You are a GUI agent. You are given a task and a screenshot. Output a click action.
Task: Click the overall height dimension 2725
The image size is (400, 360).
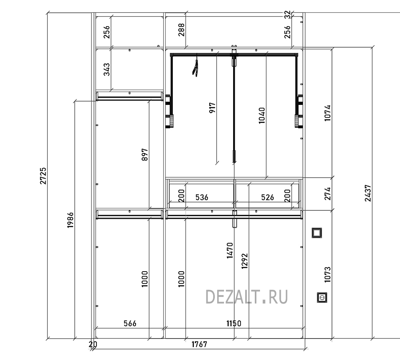[x=43, y=176]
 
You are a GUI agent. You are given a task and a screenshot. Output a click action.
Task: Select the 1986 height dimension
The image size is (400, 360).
[x=70, y=220]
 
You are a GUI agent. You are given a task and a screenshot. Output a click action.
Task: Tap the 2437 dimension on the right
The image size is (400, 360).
[x=368, y=193]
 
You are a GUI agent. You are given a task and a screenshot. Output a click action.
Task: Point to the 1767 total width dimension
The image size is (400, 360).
[x=199, y=344]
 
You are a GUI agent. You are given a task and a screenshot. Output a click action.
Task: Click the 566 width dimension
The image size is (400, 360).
[x=130, y=324]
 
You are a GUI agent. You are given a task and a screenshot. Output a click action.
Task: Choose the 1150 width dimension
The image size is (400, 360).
[x=234, y=324]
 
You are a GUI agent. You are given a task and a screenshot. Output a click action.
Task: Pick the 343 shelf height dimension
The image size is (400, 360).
[x=107, y=69]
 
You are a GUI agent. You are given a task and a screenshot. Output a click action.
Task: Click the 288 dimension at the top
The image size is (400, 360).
[x=181, y=30]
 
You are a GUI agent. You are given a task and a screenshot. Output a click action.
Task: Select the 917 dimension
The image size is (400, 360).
[x=212, y=108]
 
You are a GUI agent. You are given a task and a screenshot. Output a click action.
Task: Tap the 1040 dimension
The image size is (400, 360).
[x=262, y=116]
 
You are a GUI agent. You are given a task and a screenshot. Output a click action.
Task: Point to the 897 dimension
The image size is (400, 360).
[x=145, y=155]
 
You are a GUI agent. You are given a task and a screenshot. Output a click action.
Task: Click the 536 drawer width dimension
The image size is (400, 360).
[x=202, y=197]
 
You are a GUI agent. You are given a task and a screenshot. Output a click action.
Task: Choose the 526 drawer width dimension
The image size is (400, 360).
[x=267, y=197]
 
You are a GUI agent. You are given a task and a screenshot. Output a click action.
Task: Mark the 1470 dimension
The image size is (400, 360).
[x=230, y=250]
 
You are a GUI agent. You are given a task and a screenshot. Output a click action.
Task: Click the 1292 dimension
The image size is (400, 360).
[x=244, y=261]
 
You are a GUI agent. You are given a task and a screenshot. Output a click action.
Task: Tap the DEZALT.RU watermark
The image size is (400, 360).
[x=246, y=297]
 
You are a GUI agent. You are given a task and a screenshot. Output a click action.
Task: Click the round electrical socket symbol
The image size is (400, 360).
[x=322, y=298]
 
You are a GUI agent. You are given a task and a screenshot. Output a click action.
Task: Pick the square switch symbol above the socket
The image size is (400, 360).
[x=316, y=233]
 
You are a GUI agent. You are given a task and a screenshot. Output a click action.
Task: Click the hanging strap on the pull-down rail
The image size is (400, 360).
[x=196, y=68]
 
